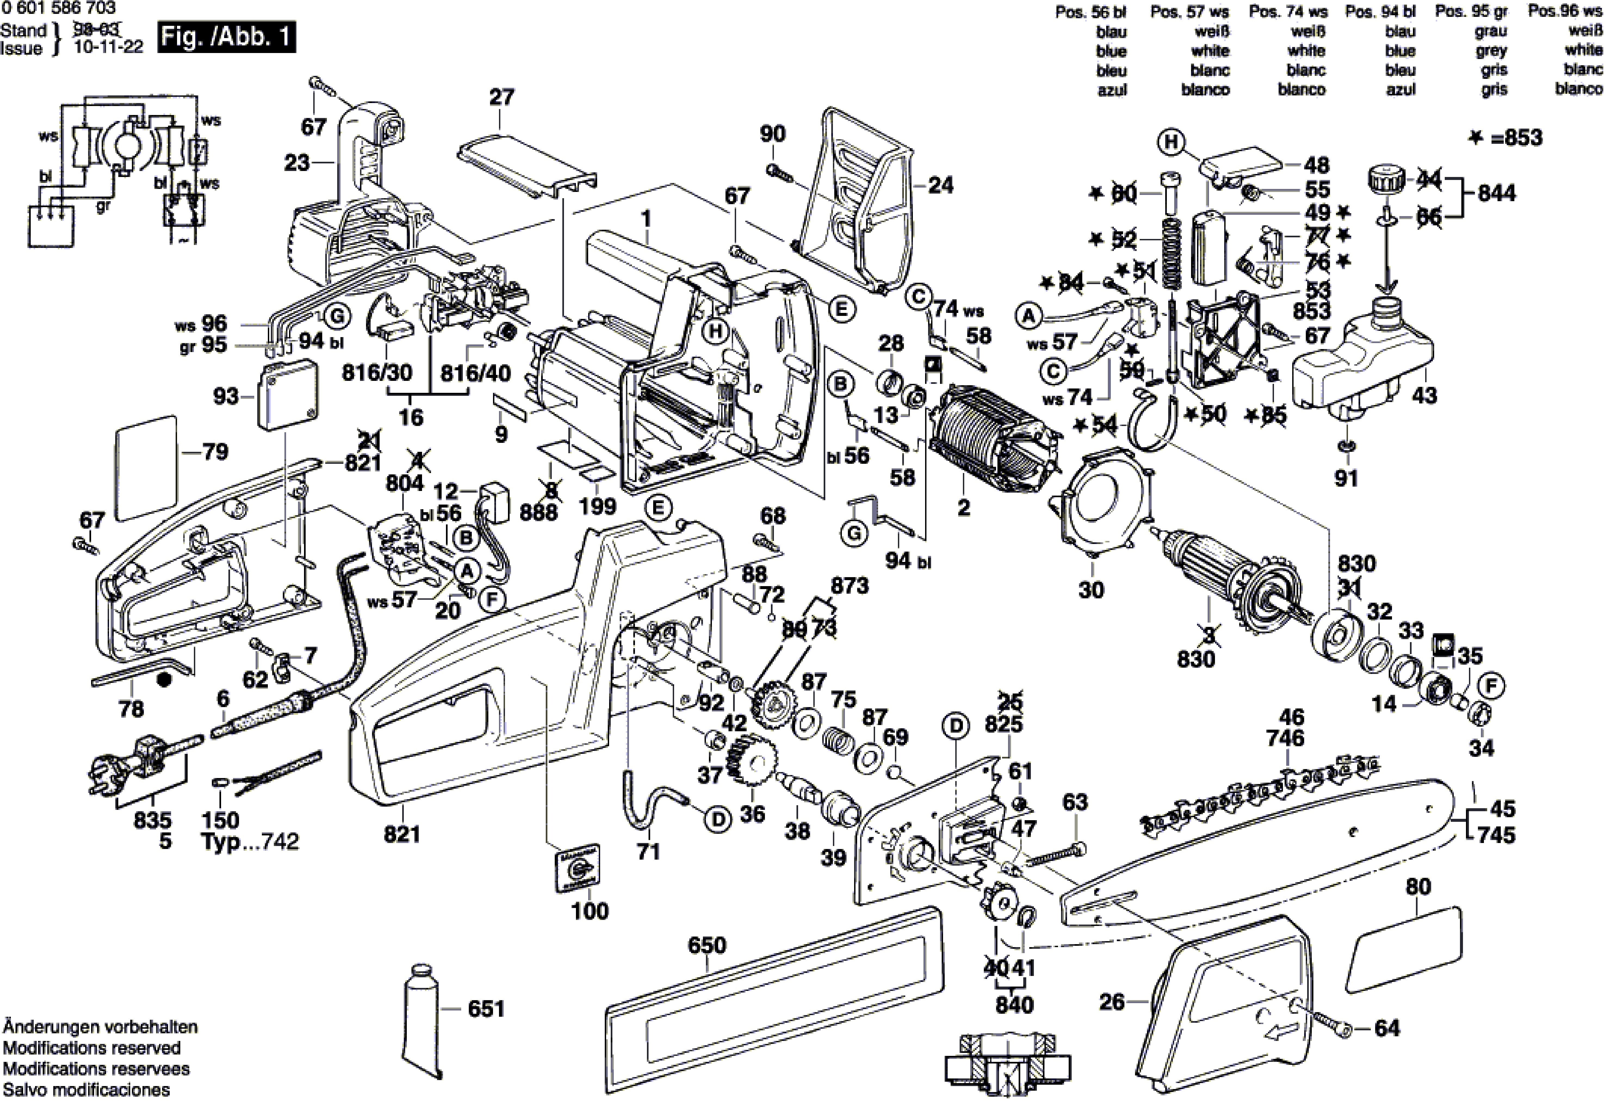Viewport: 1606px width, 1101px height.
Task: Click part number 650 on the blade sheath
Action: tap(707, 945)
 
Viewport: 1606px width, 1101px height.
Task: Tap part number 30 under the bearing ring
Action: tap(1091, 590)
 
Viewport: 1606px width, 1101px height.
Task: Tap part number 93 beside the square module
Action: tap(226, 396)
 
